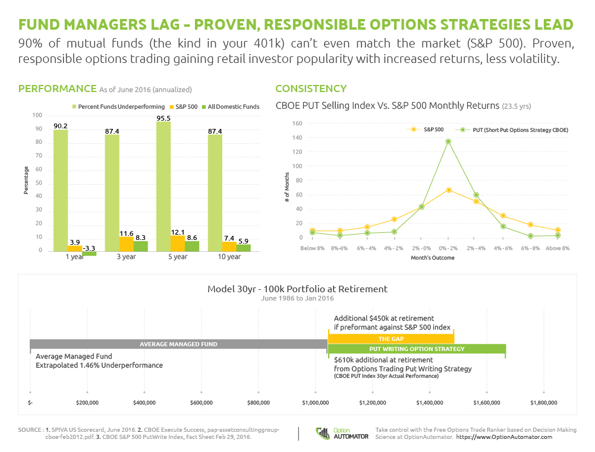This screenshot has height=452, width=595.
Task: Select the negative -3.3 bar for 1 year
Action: tap(89, 254)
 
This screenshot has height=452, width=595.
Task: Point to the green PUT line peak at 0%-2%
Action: tap(448, 141)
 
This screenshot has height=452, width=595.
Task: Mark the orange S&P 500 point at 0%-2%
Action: tap(448, 190)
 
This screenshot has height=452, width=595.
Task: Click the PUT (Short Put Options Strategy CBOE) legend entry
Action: tap(512, 129)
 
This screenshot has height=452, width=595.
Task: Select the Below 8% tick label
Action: tap(313, 247)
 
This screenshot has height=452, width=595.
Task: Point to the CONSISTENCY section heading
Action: tap(311, 88)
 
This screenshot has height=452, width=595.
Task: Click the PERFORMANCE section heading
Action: tap(57, 88)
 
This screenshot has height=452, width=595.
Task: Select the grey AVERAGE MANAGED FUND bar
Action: tap(178, 344)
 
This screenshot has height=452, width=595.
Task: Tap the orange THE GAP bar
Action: tap(391, 338)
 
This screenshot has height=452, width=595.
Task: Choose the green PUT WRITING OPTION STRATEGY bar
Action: tap(417, 349)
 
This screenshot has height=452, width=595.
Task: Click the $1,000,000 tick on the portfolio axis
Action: tap(315, 402)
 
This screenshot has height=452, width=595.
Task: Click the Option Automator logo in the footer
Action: tap(342, 432)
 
